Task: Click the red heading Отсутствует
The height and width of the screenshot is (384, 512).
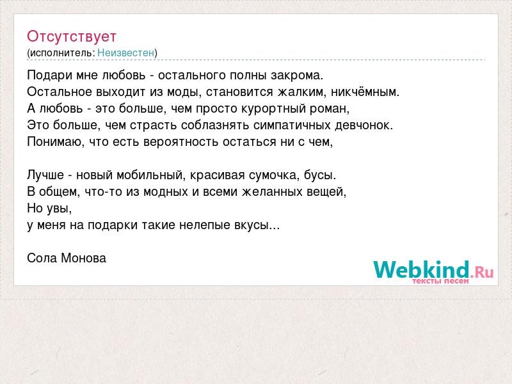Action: [72, 36]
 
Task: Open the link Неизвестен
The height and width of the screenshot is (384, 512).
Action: [125, 53]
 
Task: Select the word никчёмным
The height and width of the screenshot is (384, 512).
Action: [365, 92]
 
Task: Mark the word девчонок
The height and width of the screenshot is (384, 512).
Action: [364, 125]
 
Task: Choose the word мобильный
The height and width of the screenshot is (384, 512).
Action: [151, 175]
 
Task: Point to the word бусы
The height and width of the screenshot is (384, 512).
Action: [320, 175]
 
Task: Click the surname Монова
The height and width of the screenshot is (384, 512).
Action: [83, 259]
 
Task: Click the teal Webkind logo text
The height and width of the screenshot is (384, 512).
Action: [422, 269]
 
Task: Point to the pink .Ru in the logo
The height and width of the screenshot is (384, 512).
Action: [482, 271]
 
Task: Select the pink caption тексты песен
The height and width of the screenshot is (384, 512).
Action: [440, 281]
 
